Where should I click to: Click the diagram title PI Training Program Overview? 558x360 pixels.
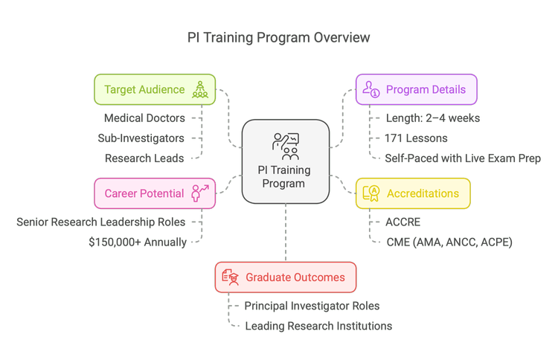[x=279, y=37]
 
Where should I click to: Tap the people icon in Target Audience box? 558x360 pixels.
[x=200, y=90]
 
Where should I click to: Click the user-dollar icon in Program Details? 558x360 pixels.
[x=371, y=90]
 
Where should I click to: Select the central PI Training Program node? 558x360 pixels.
[x=286, y=161]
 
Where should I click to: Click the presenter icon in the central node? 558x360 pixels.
[x=286, y=145]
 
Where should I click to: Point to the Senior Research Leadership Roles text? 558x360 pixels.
[x=102, y=222]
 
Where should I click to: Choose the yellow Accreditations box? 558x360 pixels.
[x=413, y=193]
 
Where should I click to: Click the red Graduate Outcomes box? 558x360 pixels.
[x=286, y=277]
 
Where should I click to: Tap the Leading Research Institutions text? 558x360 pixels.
[x=318, y=326]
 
